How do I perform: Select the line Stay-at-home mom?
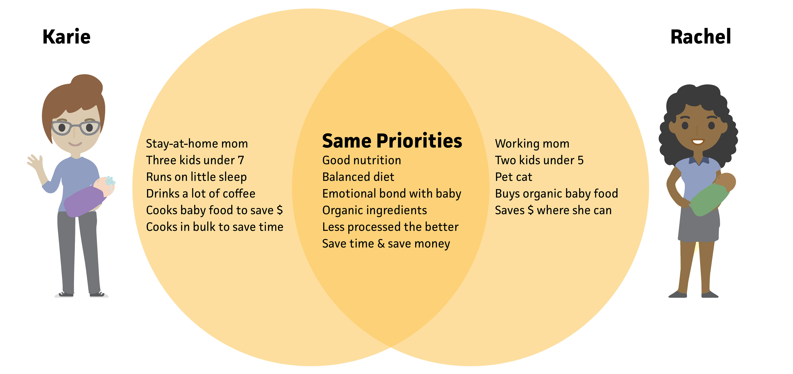197,144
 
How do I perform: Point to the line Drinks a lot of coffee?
201,194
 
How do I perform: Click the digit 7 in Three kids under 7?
241,160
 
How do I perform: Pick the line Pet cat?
513,177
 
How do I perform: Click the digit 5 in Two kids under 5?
580,160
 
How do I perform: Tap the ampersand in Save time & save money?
381,244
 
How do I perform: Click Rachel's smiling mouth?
698,142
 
